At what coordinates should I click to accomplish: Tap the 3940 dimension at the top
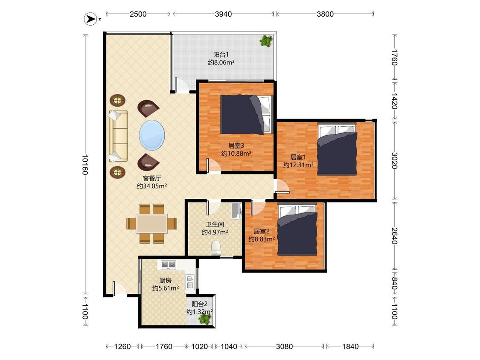pyautogui.click(x=223, y=14)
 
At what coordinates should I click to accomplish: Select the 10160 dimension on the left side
pyautogui.click(x=85, y=164)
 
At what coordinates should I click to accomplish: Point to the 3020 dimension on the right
pyautogui.click(x=395, y=160)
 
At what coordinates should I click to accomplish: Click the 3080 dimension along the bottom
pyautogui.click(x=285, y=346)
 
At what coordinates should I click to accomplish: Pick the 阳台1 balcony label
pyautogui.click(x=221, y=55)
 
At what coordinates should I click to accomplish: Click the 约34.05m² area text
pyautogui.click(x=152, y=186)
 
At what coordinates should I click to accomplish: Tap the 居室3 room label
pyautogui.click(x=236, y=146)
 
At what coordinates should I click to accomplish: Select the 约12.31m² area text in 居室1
pyautogui.click(x=298, y=165)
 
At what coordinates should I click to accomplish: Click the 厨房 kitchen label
pyautogui.click(x=166, y=280)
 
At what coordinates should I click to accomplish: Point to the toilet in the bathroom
pyautogui.click(x=216, y=247)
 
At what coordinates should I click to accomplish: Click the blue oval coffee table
pyautogui.click(x=152, y=135)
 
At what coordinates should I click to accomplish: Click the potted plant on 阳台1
pyautogui.click(x=266, y=41)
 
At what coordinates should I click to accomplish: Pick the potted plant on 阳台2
pyautogui.click(x=204, y=319)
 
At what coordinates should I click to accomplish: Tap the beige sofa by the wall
pyautogui.click(x=118, y=136)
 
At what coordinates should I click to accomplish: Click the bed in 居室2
pyautogui.click(x=297, y=230)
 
